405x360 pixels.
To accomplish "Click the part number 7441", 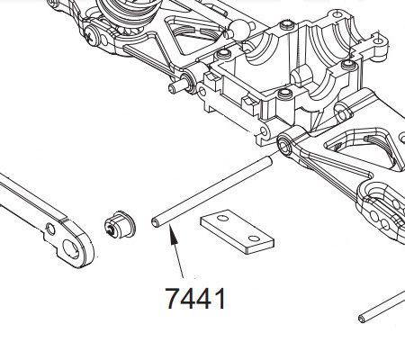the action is click(195, 298).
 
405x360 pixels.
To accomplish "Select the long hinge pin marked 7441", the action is click(212, 192).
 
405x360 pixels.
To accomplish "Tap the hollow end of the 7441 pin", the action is click(156, 223).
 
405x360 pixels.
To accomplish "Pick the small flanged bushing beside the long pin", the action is click(120, 224).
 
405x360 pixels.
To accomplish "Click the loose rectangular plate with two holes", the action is click(237, 232).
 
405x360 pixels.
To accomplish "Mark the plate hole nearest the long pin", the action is click(222, 218).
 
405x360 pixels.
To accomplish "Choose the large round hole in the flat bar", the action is click(71, 250).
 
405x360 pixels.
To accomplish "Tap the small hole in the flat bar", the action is click(50, 229).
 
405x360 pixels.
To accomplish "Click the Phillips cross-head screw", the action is click(92, 36).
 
